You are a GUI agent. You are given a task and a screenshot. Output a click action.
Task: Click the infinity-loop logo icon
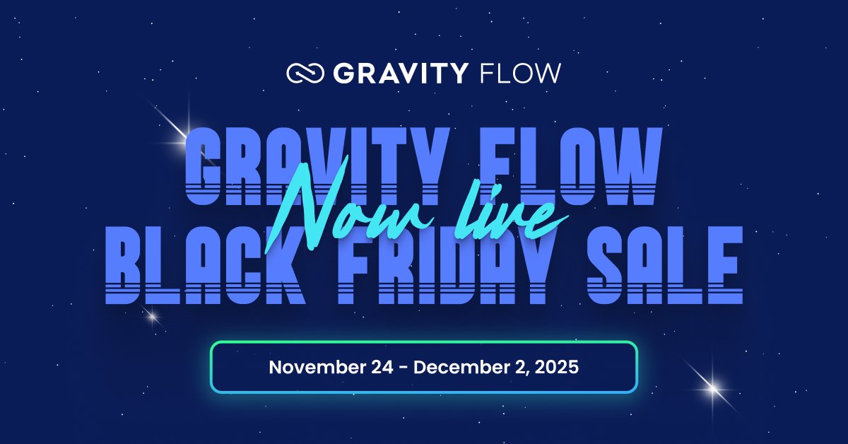point(305,74)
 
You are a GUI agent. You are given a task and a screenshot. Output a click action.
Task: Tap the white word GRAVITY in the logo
point(400,74)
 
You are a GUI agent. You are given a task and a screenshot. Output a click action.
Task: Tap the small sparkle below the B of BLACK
point(151,317)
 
